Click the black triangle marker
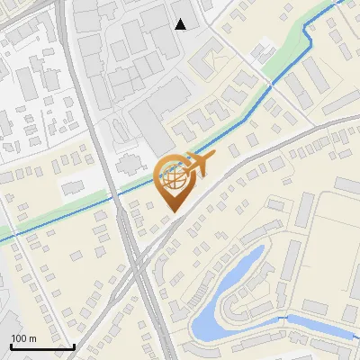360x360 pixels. pyautogui.click(x=181, y=23)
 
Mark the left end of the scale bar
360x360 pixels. pyautogui.click(x=11, y=346)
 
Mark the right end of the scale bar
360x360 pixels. pyautogui.click(x=74, y=346)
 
